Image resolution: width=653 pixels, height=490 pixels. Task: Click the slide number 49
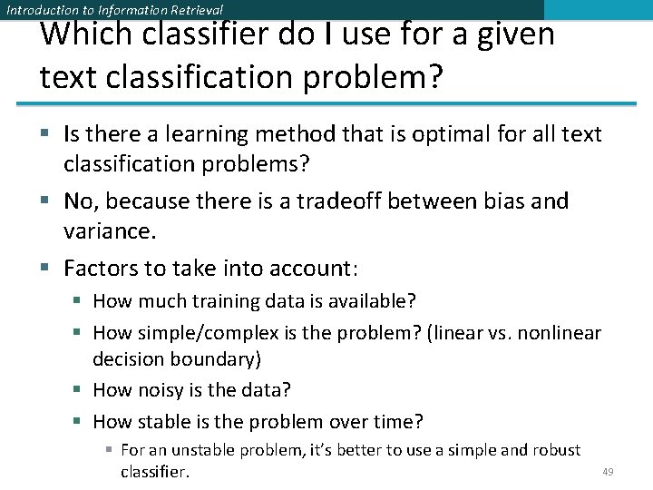click(608, 472)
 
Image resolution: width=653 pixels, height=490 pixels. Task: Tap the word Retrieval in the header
click(191, 10)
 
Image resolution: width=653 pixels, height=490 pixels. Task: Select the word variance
click(110, 231)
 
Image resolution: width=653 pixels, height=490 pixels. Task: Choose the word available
click(375, 301)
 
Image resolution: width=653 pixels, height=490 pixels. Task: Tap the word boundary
click(220, 359)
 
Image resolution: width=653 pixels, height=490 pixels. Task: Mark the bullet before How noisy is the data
click(79, 390)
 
